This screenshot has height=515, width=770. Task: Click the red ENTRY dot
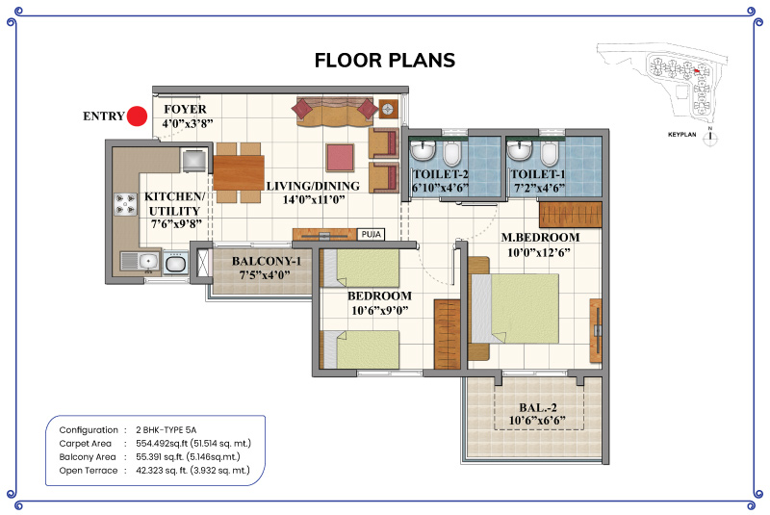[137, 116]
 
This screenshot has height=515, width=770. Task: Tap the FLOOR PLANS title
[384, 61]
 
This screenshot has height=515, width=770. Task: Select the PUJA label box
[371, 234]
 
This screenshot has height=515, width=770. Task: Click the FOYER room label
[185, 109]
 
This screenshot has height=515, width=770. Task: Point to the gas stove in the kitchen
[125, 204]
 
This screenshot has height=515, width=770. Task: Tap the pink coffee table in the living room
[340, 157]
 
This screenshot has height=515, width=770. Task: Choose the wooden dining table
[238, 173]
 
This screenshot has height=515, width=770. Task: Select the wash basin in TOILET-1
[519, 150]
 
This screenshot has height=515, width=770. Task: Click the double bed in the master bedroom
[515, 308]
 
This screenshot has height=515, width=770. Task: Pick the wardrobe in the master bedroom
[571, 215]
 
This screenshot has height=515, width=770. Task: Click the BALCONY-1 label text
[267, 261]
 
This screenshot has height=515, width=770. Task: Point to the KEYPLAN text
[682, 135]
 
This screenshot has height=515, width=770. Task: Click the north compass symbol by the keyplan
[709, 138]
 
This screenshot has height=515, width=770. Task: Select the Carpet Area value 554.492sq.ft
[193, 444]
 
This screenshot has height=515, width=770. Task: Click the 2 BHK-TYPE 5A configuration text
[166, 430]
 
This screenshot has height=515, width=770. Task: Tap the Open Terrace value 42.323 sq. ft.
[192, 471]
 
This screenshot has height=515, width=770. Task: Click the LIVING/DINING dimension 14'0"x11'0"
[314, 200]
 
